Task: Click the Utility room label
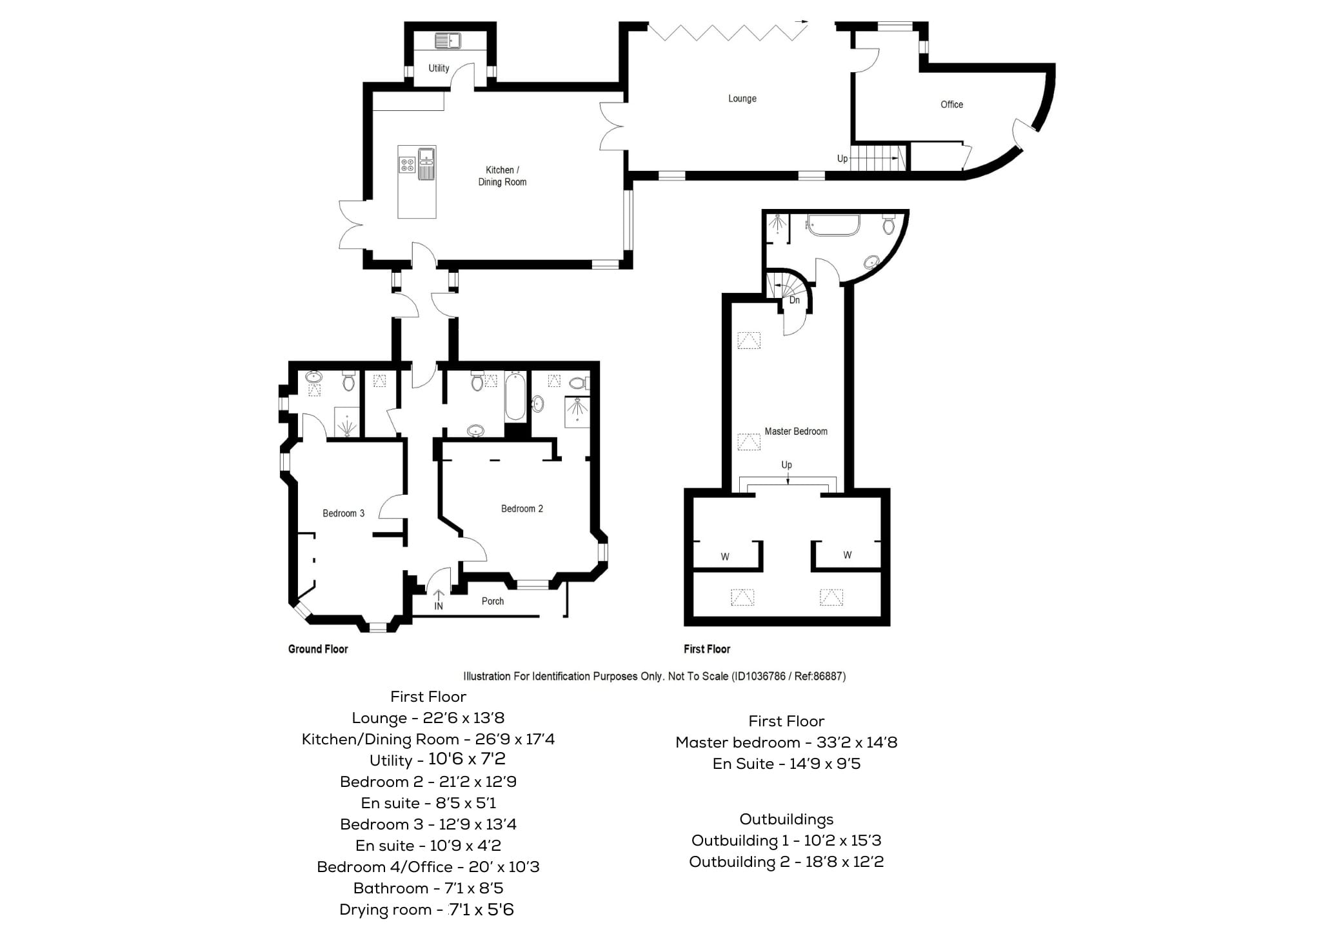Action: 439,68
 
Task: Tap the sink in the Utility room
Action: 448,41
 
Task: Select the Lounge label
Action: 742,99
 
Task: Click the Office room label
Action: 951,104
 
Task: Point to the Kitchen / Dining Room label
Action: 502,176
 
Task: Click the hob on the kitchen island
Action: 407,164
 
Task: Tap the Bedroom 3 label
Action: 343,513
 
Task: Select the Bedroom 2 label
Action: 522,509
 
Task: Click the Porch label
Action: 493,601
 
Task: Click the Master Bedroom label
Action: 796,432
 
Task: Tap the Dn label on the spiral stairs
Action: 795,300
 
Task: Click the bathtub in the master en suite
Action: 833,226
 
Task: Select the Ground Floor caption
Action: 318,649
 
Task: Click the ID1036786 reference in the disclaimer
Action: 759,676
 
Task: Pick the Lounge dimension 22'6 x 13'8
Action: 464,718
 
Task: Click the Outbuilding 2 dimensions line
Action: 786,862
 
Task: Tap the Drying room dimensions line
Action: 426,909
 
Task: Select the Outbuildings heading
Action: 786,819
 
